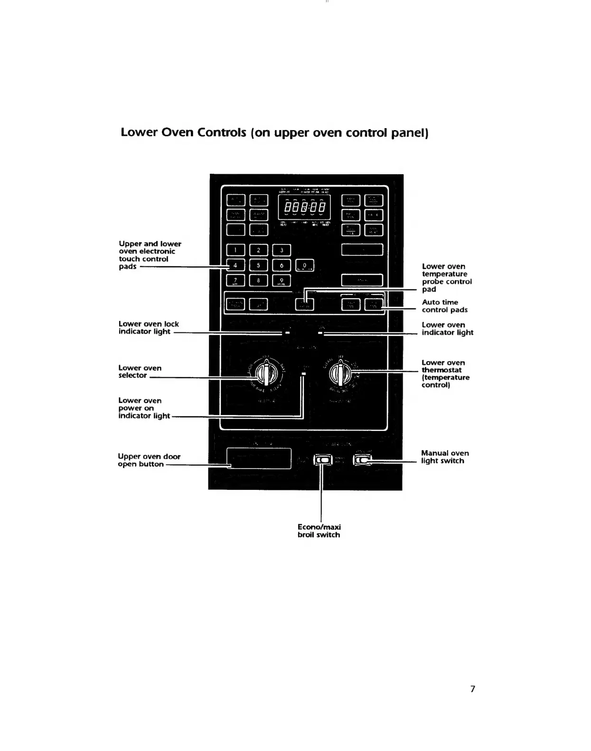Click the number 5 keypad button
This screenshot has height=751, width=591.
[x=258, y=265]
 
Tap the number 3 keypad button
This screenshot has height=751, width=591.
[x=281, y=250]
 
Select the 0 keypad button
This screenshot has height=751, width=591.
[x=305, y=266]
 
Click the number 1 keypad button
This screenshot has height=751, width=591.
[x=235, y=250]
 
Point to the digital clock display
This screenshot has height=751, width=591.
[x=304, y=207]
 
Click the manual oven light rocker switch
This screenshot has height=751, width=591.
[x=363, y=460]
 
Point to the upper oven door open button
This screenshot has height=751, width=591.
[x=259, y=459]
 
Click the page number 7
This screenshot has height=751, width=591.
[x=472, y=689]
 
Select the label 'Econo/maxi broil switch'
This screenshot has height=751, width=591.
[x=319, y=531]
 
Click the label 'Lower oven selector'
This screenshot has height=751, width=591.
[x=140, y=371]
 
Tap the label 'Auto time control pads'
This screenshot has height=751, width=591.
[x=444, y=306]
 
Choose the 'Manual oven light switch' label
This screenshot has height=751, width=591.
[x=444, y=457]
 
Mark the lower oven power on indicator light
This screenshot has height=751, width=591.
[x=303, y=375]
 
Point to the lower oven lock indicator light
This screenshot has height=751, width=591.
[x=287, y=333]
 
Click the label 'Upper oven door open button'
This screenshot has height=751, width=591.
[x=149, y=460]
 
